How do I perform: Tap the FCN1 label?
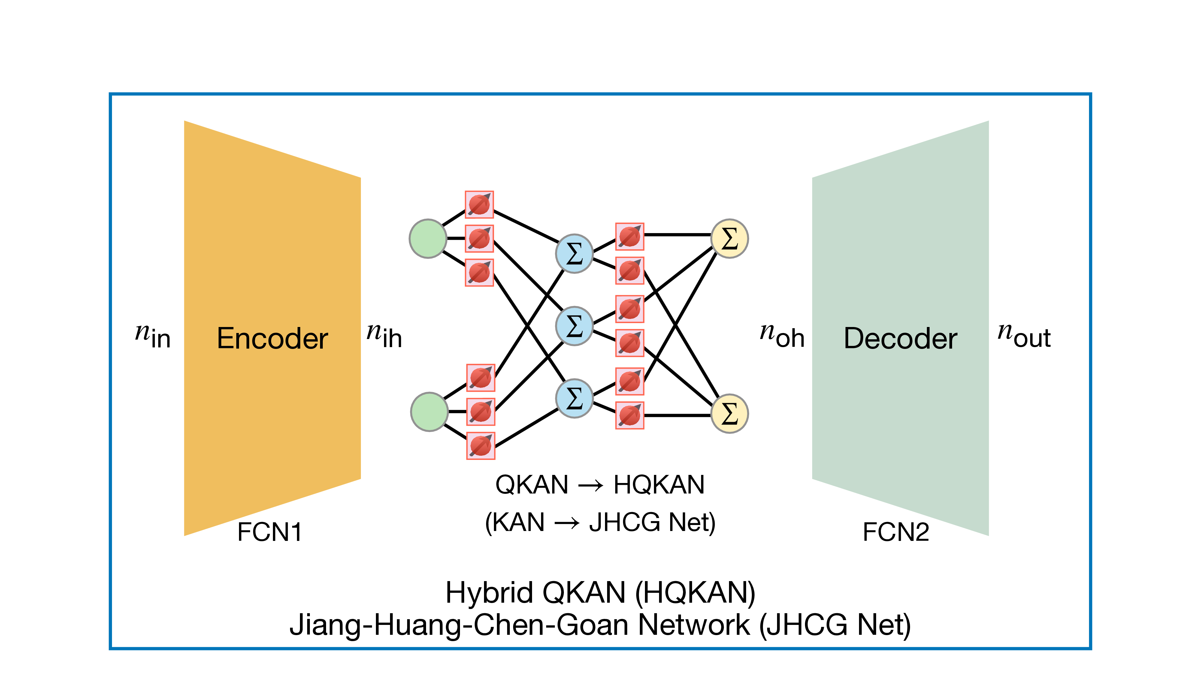point(270,532)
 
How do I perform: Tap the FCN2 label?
point(896,532)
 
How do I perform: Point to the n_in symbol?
point(153,335)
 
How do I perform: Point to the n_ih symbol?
point(384,335)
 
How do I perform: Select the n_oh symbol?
point(782,335)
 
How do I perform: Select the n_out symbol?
point(1024,335)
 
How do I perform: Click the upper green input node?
point(428,238)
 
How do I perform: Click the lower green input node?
point(429,412)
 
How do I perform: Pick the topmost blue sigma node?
point(574,253)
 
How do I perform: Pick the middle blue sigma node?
point(574,325)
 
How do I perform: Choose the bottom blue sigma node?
point(574,398)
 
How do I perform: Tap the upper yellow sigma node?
point(730,238)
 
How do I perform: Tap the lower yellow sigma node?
point(730,414)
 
